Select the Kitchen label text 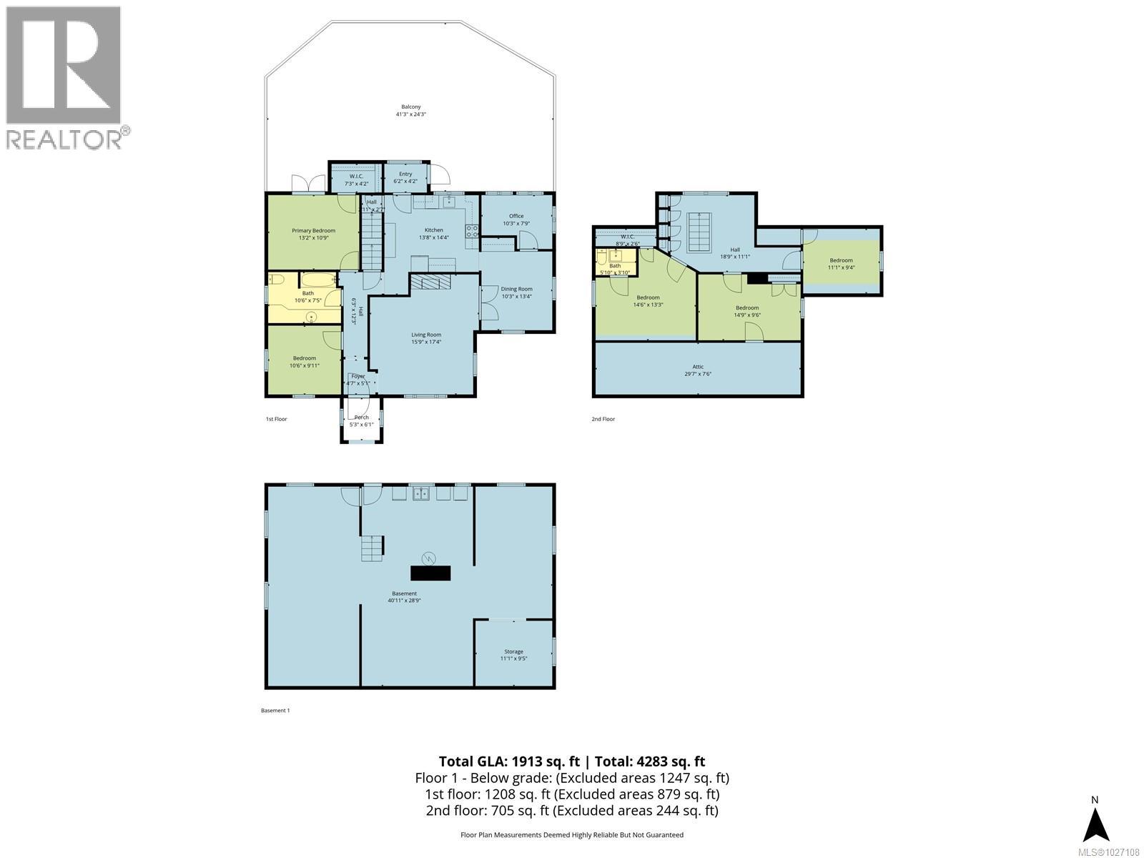coord(434,230)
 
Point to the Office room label coord(516,216)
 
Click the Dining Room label coord(516,288)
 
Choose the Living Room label coord(426,335)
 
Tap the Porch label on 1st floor coord(362,418)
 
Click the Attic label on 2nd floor coord(698,367)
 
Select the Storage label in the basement coord(513,651)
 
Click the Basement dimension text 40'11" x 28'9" coord(404,601)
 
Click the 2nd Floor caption coord(603,419)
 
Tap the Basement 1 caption coord(275,711)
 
